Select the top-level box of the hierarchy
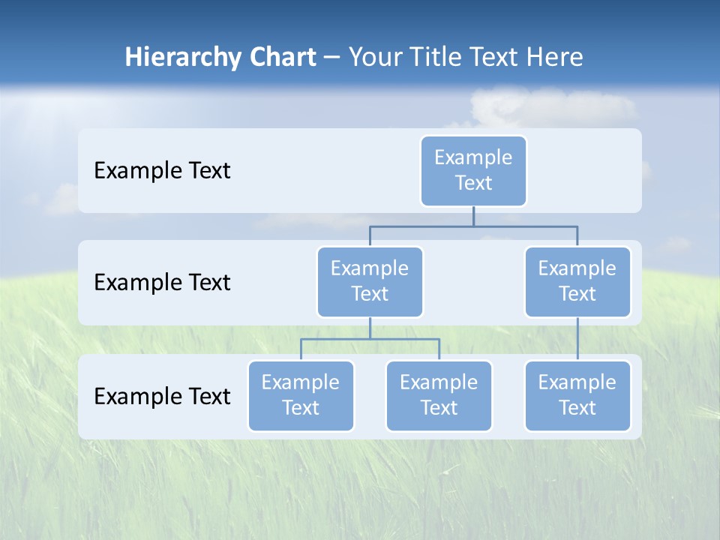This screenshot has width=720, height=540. (x=473, y=171)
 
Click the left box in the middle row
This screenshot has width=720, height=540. (x=370, y=281)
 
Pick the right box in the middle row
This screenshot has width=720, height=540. (x=577, y=281)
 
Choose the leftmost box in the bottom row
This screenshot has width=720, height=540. (x=301, y=395)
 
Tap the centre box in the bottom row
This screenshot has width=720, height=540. (x=439, y=395)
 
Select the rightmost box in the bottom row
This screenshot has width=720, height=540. (x=577, y=395)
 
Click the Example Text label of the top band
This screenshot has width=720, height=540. (x=162, y=171)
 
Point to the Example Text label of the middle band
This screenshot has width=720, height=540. (x=162, y=283)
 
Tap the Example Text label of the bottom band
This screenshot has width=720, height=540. (x=162, y=396)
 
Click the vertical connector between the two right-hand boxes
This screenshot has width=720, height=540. (x=577, y=339)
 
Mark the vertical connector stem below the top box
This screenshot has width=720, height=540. (x=473, y=216)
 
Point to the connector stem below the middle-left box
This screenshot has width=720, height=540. (x=370, y=328)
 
